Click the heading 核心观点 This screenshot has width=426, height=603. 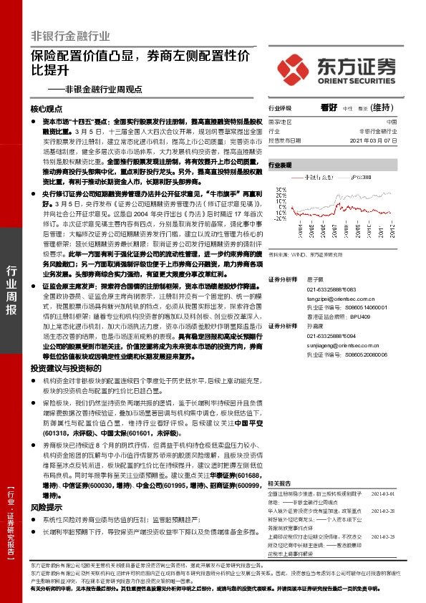(x=47, y=109)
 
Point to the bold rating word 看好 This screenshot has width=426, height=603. (x=329, y=107)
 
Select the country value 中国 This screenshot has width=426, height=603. (x=401, y=122)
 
